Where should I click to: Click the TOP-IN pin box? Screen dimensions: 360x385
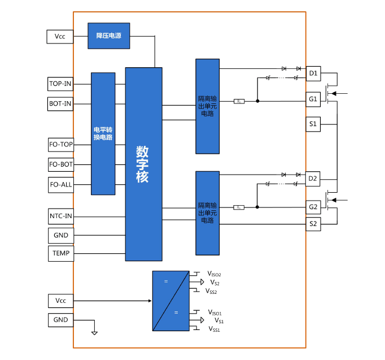click(60, 84)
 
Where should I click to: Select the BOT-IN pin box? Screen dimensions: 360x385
click(60, 104)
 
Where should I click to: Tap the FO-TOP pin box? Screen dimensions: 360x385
click(60, 145)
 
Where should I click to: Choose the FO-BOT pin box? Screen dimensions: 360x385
click(60, 164)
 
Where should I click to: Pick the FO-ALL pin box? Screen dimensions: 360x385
click(60, 184)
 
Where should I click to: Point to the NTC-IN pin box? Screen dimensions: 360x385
click(60, 216)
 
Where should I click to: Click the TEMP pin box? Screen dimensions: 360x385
click(60, 253)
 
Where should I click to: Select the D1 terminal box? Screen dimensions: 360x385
click(313, 73)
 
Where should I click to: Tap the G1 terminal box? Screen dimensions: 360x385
click(313, 99)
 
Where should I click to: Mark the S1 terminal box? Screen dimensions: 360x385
click(313, 124)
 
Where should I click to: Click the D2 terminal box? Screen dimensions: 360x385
click(313, 179)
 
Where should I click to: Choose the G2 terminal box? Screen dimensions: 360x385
click(313, 207)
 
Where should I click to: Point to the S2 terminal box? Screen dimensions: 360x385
click(313, 224)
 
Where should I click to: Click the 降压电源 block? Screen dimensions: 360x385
click(109, 36)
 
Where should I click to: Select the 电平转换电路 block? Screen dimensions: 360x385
click(103, 133)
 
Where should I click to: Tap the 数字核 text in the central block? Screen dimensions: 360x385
click(143, 164)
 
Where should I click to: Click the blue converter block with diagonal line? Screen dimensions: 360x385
click(170, 301)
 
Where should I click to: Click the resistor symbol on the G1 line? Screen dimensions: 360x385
click(239, 101)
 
